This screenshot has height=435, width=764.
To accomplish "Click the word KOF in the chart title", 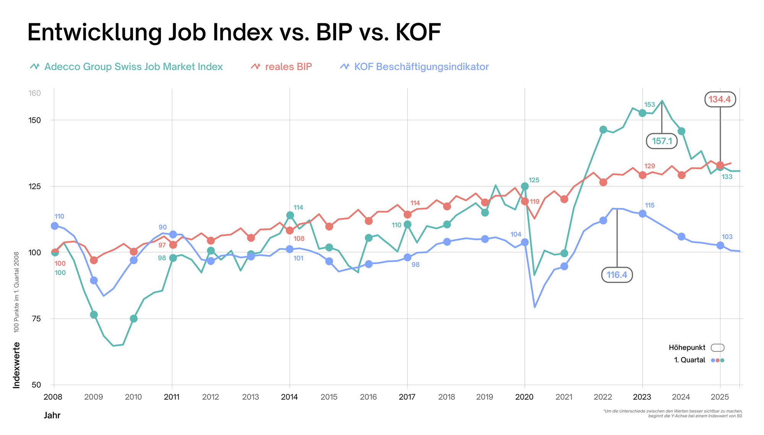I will [418, 32].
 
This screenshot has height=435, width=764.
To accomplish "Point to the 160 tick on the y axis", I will [34, 93].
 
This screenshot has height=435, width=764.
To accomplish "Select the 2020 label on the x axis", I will [524, 397].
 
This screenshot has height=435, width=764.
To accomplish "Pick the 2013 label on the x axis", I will [251, 397].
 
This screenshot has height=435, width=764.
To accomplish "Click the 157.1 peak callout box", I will [662, 141].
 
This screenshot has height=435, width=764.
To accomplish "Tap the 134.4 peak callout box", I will [720, 100].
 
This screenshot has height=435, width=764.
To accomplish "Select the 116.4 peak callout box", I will [617, 275].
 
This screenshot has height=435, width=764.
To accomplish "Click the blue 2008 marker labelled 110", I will [55, 226].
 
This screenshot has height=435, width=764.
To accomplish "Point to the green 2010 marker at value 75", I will [134, 319].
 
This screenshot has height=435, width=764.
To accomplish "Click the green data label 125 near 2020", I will [534, 180].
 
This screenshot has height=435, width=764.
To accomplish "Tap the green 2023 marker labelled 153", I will [643, 113].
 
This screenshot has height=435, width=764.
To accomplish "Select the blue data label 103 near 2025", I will [727, 237].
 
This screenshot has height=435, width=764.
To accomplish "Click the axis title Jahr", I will [52, 416].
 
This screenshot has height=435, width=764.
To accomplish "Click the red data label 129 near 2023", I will [649, 166].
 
